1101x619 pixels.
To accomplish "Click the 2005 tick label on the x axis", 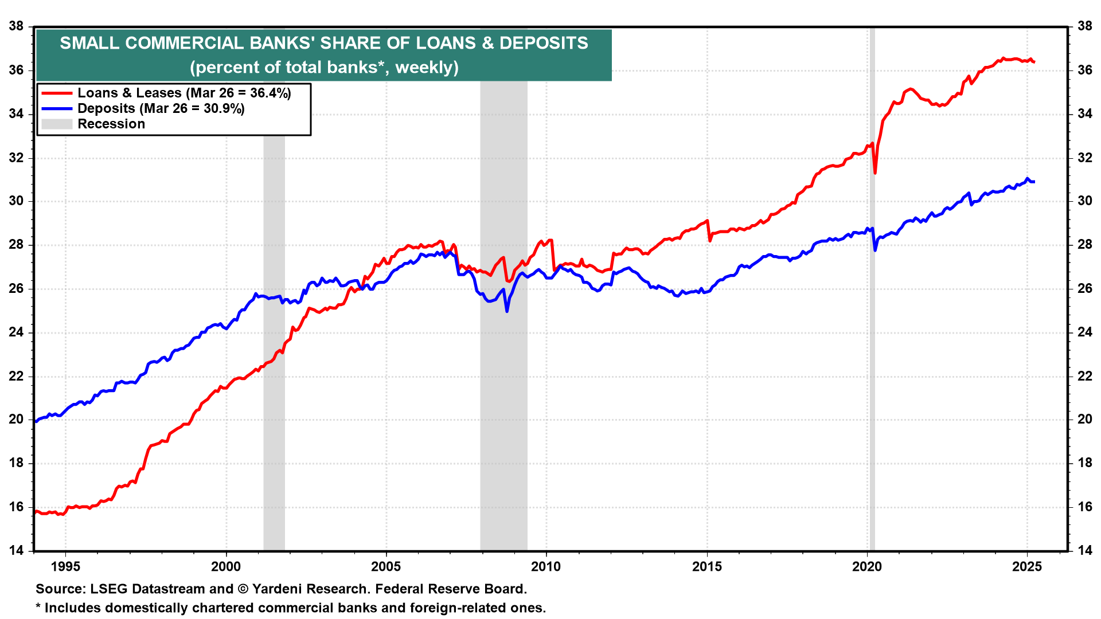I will coord(386,567).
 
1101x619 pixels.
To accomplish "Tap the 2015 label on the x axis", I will coord(707,567).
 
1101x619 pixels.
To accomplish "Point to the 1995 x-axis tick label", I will coord(65,567).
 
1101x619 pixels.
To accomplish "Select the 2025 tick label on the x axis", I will coord(1027,567).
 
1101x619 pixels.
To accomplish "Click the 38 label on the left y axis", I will coord(16,26).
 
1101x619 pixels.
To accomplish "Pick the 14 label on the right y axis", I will coord(1085,550).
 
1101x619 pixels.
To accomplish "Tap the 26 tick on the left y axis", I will coord(16,288).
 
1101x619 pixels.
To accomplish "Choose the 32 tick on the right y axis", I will coord(1085,158).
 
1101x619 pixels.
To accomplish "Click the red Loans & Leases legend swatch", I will coord(56,93).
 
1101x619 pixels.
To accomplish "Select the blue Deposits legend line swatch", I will coord(56,108).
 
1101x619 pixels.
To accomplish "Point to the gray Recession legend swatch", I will coord(56,124).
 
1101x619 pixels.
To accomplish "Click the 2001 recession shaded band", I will coord(274,344).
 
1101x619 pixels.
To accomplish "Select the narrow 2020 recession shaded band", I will coord(872,344).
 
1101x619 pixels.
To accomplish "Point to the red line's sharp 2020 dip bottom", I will coord(875,173).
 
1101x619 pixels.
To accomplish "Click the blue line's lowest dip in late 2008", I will coord(507,311).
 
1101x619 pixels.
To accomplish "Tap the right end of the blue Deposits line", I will coord(1033,182).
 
